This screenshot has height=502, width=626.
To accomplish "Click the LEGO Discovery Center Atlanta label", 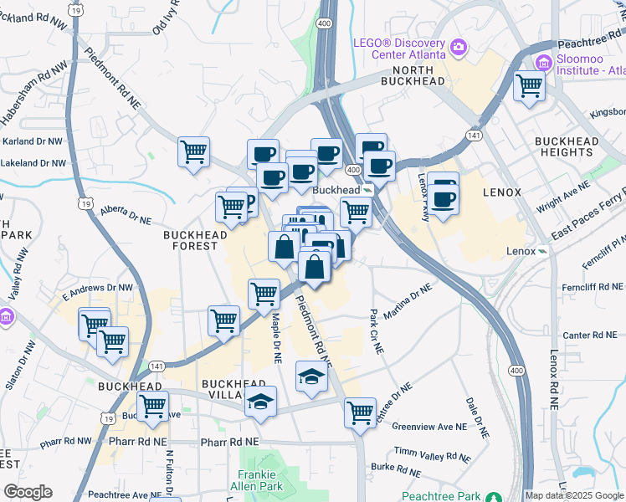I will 408,47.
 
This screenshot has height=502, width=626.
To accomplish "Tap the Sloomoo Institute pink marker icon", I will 543,62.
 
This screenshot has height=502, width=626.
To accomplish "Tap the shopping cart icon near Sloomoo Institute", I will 529,85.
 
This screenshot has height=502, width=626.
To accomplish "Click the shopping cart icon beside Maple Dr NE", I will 264,293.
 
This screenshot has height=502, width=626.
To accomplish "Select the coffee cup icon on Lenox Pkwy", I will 444,199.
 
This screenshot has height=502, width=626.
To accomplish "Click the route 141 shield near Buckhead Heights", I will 475,134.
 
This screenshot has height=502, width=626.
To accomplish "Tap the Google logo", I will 28,492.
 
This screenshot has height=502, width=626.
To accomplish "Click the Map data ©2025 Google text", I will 573,495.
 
